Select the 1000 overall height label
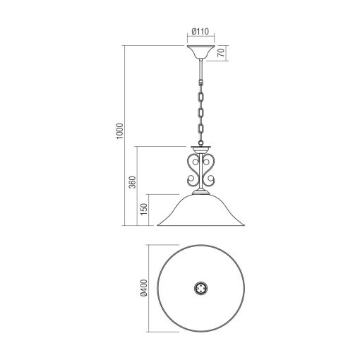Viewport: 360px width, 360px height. pos(119,132)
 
